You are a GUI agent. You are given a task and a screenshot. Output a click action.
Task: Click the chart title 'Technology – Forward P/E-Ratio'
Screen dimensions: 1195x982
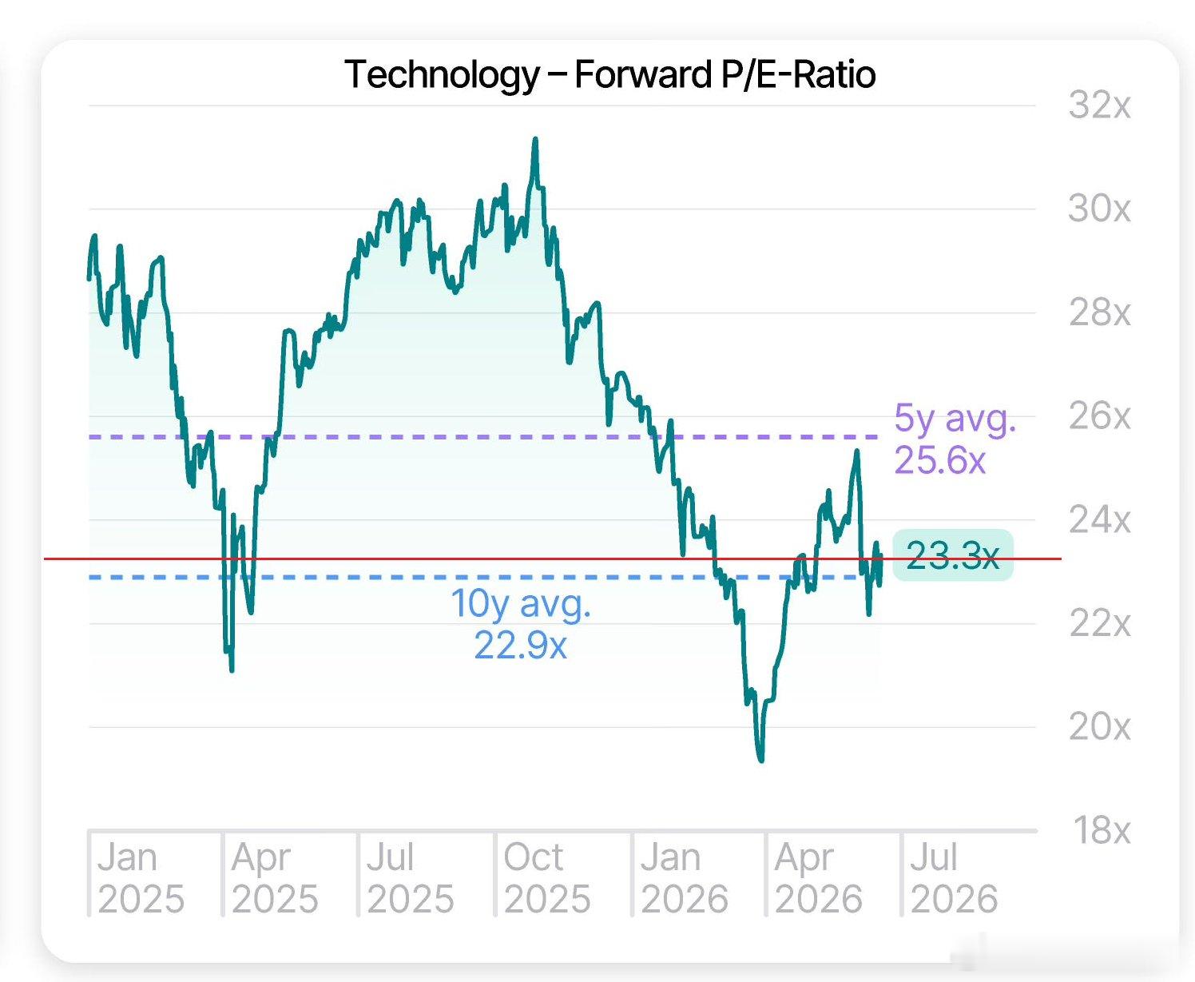coord(609,74)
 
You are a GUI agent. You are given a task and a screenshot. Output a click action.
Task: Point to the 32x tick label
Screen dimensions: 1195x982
coord(1099,105)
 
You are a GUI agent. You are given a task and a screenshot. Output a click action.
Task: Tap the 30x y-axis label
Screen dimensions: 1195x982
coord(1099,209)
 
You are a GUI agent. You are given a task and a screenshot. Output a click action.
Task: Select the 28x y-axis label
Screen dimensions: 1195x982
coord(1099,312)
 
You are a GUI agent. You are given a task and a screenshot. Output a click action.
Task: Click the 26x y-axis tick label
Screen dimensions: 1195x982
coord(1099,416)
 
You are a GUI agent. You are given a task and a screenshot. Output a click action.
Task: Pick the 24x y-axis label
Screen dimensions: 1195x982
coord(1099,520)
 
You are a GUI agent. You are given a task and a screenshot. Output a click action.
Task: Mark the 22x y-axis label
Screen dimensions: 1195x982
coord(1099,624)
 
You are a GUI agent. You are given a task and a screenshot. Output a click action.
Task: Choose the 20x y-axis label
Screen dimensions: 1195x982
coord(1099,727)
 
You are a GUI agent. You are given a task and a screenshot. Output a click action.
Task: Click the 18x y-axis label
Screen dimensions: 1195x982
coord(1102,831)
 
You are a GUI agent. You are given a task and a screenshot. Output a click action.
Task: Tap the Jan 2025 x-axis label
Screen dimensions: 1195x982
coord(141,878)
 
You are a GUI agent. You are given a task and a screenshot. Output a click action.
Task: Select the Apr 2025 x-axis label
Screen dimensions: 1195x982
coord(275,878)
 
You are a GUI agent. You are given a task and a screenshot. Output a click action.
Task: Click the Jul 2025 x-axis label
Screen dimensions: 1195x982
coord(411,878)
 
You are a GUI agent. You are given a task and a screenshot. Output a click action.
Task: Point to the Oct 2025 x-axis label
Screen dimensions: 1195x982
coord(547,878)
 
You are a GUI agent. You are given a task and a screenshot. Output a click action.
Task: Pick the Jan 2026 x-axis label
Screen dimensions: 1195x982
coord(684,878)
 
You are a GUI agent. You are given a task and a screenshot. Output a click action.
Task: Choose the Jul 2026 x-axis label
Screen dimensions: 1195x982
coord(954,878)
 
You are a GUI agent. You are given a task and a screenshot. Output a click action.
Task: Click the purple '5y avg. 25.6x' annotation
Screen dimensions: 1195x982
coord(955,439)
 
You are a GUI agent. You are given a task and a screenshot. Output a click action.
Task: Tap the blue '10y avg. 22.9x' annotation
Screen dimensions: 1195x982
coord(521,624)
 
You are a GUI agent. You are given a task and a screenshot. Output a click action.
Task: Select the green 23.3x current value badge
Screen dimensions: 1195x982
coord(952,555)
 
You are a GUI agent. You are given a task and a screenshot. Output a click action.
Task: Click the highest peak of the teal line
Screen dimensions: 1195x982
coord(535,139)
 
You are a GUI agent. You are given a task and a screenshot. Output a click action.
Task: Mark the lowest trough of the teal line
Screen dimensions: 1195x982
coord(761,760)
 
